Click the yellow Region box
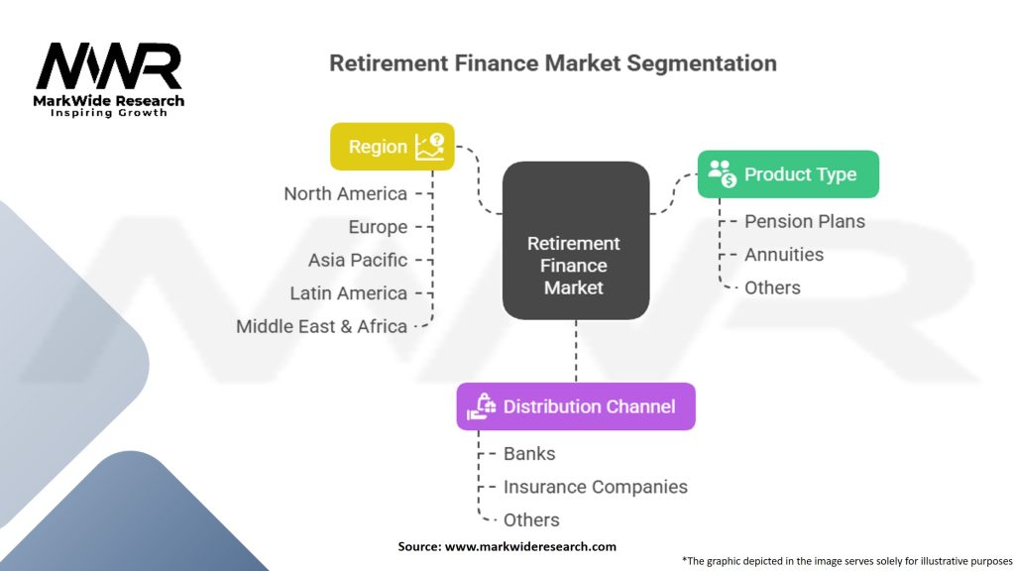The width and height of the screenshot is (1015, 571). (x=393, y=147)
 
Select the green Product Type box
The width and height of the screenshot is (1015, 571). (x=788, y=174)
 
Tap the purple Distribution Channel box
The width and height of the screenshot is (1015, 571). (x=576, y=406)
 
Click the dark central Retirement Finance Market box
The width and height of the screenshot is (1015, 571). (x=576, y=240)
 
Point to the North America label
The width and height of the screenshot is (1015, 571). (x=345, y=193)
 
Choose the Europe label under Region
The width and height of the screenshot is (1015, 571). (x=378, y=227)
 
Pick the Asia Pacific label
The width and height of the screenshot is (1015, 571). (x=357, y=261)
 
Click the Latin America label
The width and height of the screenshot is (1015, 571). (x=348, y=293)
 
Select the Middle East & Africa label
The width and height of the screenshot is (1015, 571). (x=321, y=326)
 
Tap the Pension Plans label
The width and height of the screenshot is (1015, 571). (x=805, y=221)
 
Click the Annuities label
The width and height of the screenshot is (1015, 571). (x=784, y=255)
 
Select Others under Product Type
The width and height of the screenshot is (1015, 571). (x=772, y=287)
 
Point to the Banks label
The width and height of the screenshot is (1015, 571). (x=529, y=454)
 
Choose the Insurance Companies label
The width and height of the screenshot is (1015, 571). (x=595, y=487)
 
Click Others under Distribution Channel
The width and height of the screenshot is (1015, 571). (x=531, y=519)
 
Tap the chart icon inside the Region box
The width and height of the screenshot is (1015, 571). (x=430, y=147)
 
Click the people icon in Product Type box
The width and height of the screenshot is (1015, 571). (x=722, y=173)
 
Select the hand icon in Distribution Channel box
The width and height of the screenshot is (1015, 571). (x=481, y=406)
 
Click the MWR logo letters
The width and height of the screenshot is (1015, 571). (x=109, y=66)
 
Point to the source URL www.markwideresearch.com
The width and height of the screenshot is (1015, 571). (x=530, y=546)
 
